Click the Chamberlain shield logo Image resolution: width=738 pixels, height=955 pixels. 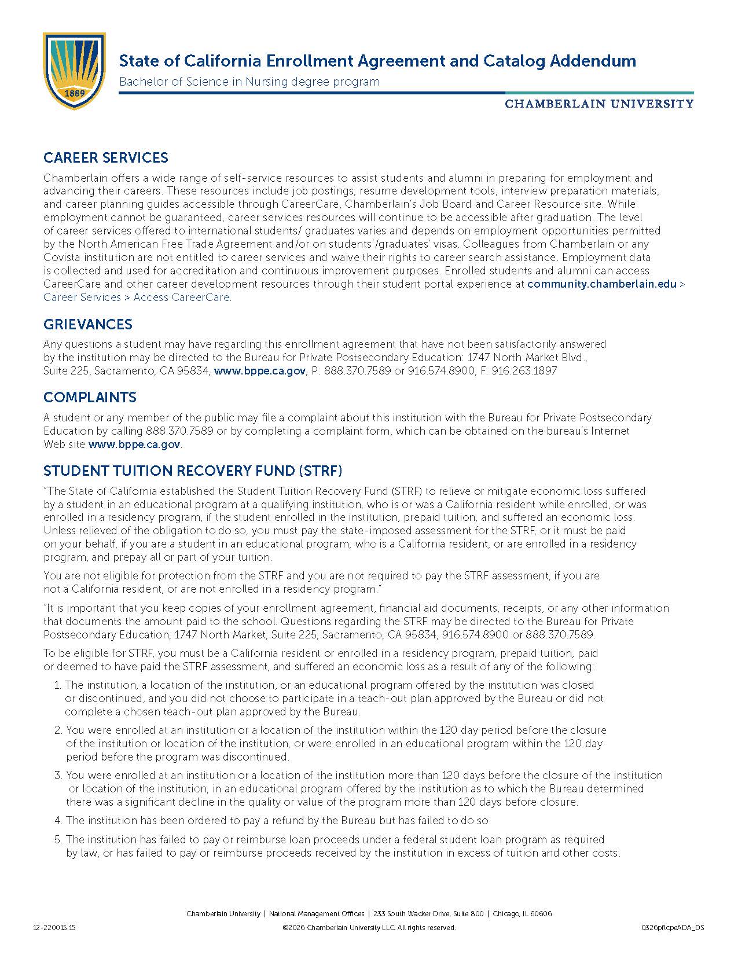(74, 71)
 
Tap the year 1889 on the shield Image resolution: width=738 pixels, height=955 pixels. (74, 93)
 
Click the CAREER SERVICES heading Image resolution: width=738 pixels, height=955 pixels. (106, 157)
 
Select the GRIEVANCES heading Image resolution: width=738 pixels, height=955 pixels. (88, 324)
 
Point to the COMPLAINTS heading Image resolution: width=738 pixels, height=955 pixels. (90, 397)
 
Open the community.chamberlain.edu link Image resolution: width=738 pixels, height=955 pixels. (602, 284)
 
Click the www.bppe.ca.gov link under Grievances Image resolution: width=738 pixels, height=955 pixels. (260, 371)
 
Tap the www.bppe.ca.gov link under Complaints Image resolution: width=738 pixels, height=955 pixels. (134, 445)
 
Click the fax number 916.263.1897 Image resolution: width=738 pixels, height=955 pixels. (524, 371)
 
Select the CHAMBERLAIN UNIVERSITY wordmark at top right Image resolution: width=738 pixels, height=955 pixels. (599, 104)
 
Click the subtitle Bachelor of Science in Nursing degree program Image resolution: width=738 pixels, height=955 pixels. (249, 82)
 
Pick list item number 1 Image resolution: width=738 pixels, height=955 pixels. (330, 698)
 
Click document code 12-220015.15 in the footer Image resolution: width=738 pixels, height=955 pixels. (54, 927)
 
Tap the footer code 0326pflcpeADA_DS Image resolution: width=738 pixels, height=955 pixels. (673, 927)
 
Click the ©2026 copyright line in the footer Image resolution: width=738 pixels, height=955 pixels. (369, 927)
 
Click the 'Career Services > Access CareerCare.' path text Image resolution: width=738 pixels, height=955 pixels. (137, 297)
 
